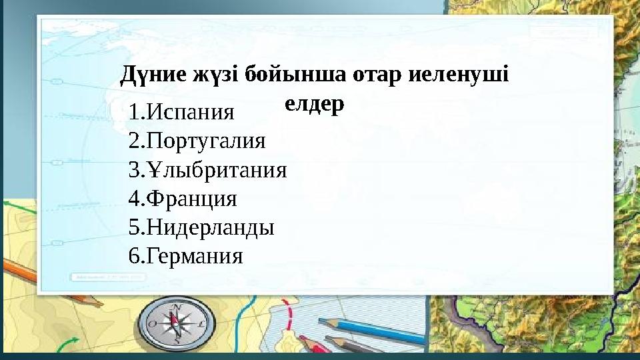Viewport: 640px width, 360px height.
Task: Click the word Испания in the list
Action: coord(190,112)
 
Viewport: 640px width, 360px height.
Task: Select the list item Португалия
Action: coord(205,141)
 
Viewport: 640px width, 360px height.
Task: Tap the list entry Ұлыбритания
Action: coord(217,170)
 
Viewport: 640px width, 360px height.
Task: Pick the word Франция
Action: coord(191,199)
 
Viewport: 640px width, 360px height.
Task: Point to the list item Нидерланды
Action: coord(210,227)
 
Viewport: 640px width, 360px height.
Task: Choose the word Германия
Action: coord(195,256)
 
